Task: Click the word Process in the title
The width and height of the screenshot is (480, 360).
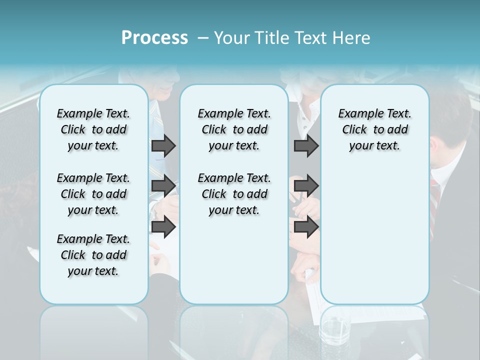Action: [x=154, y=38]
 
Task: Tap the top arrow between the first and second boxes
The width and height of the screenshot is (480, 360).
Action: [x=163, y=145]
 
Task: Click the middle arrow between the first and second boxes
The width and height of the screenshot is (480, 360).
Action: [x=163, y=186]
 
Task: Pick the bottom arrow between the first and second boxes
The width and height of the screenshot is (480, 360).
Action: [x=163, y=227]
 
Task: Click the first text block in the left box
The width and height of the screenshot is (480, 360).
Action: [x=93, y=129]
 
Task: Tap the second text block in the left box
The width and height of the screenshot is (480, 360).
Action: [x=93, y=194]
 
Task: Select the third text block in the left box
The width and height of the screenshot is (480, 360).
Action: [x=93, y=255]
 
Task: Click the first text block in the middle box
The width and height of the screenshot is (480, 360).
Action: [x=234, y=129]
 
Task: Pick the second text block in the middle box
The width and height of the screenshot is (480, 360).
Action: [x=234, y=194]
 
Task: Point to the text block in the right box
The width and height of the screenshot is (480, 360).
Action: [x=374, y=129]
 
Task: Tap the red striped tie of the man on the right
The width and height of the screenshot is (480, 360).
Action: [x=434, y=200]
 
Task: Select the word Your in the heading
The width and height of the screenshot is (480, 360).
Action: [x=230, y=38]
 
